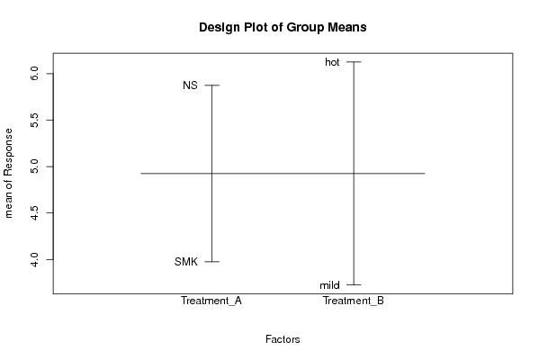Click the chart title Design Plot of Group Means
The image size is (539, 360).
[x=283, y=28]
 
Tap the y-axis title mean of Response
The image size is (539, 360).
[x=9, y=174]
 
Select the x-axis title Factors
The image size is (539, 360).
[x=283, y=339]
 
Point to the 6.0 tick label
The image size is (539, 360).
[x=34, y=74]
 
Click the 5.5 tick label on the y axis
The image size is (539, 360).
[x=34, y=120]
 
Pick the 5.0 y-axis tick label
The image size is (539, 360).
[x=34, y=166]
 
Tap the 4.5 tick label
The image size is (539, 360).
[x=34, y=212]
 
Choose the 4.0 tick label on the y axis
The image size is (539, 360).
[x=34, y=259]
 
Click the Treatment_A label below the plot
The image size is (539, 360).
[x=211, y=301]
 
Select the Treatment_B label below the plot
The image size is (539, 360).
[x=354, y=301]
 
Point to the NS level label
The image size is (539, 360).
[x=190, y=85]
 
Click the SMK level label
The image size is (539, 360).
[x=186, y=262]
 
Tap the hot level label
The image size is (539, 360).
[x=332, y=62]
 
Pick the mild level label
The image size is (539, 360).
[x=329, y=285]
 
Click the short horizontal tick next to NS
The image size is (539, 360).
[x=211, y=85]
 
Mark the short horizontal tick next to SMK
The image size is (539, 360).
[x=211, y=262]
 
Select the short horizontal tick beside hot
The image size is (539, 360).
[x=354, y=62]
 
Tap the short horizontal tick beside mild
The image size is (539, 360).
[x=354, y=284]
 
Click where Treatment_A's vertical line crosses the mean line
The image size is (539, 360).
[x=211, y=174]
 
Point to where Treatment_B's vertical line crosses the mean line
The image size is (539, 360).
[x=354, y=174]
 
